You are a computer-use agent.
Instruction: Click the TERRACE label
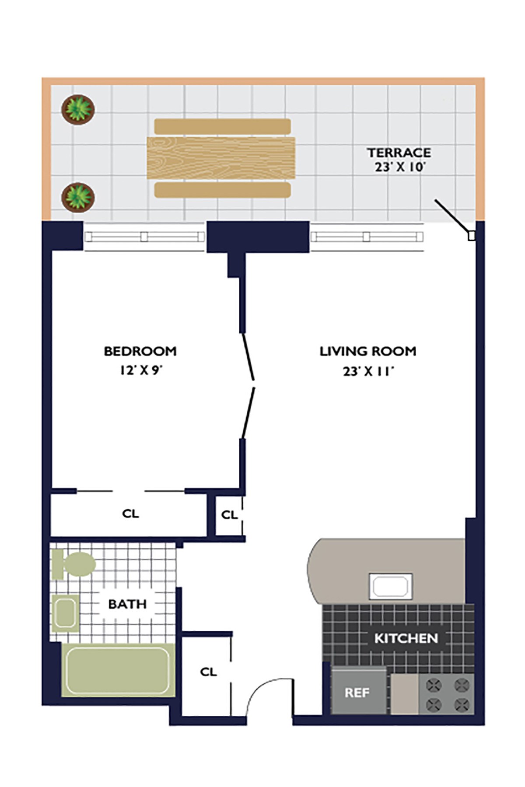(399, 153)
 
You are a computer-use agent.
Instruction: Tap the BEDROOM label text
(140, 351)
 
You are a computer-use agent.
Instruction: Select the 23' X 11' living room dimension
(368, 371)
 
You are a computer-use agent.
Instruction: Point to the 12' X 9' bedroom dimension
(141, 370)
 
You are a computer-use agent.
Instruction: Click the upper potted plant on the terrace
(78, 109)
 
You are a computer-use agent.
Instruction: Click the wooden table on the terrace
(221, 158)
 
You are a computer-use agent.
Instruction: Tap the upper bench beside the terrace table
(223, 126)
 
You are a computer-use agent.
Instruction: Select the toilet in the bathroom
(73, 564)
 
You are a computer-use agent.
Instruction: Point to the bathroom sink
(65, 613)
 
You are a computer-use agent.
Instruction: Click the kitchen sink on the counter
(391, 586)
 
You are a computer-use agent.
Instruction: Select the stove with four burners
(446, 694)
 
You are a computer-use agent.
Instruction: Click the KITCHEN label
(406, 638)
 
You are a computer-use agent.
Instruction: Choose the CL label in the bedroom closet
(130, 513)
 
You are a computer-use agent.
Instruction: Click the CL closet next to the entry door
(208, 672)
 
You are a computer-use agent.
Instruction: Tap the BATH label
(127, 604)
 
